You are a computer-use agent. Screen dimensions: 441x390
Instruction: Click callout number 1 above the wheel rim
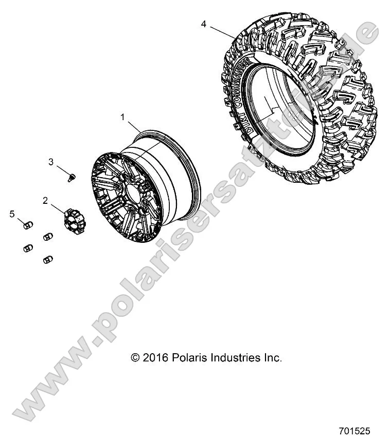123,118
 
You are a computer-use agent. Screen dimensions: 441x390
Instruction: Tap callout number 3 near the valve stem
51,162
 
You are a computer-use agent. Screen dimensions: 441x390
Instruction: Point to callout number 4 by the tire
204,24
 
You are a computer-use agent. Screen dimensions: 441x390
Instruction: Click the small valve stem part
72,178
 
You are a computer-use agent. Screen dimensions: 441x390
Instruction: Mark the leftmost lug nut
27,248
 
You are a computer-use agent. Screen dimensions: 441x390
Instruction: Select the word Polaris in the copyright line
187,358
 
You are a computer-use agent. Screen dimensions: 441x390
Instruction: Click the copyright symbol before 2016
136,358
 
